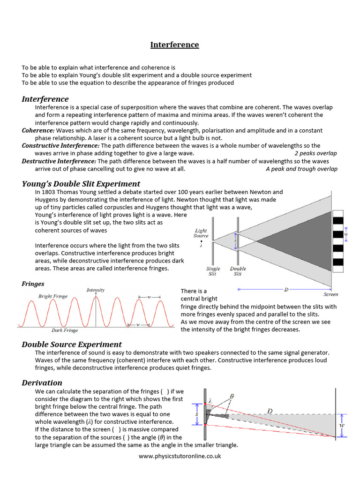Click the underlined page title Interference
point(174,45)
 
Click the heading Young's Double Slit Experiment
point(81,184)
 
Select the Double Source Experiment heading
point(72,345)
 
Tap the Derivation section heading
point(42,383)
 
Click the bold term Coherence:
point(38,130)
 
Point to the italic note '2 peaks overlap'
point(315,153)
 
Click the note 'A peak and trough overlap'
point(301,169)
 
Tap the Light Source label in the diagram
point(201,233)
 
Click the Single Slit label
point(213,271)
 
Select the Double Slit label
point(238,271)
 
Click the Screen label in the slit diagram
point(331,294)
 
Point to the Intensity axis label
point(96,290)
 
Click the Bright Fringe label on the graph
point(53,296)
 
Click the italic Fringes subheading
point(33,284)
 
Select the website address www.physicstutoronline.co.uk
point(180,456)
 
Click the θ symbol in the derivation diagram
point(232,396)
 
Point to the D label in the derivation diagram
point(270,411)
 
